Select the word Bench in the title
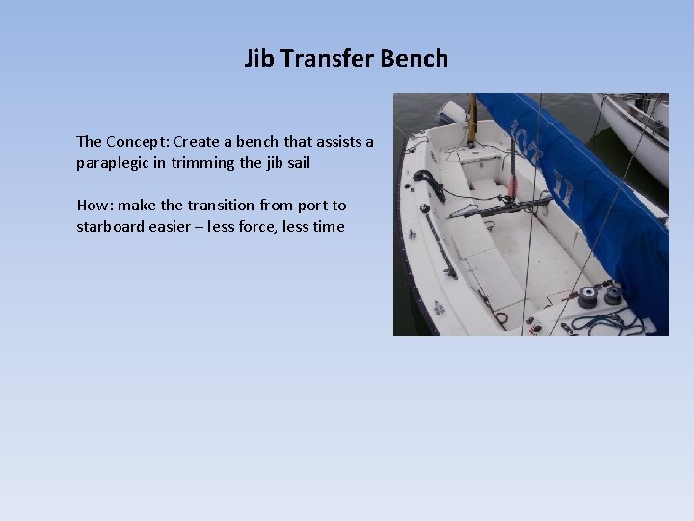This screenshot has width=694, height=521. (x=414, y=58)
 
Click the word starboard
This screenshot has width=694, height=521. (x=113, y=227)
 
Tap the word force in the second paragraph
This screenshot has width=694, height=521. (x=243, y=227)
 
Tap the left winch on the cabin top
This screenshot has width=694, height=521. (x=587, y=299)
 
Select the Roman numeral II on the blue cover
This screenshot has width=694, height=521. (x=562, y=187)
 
